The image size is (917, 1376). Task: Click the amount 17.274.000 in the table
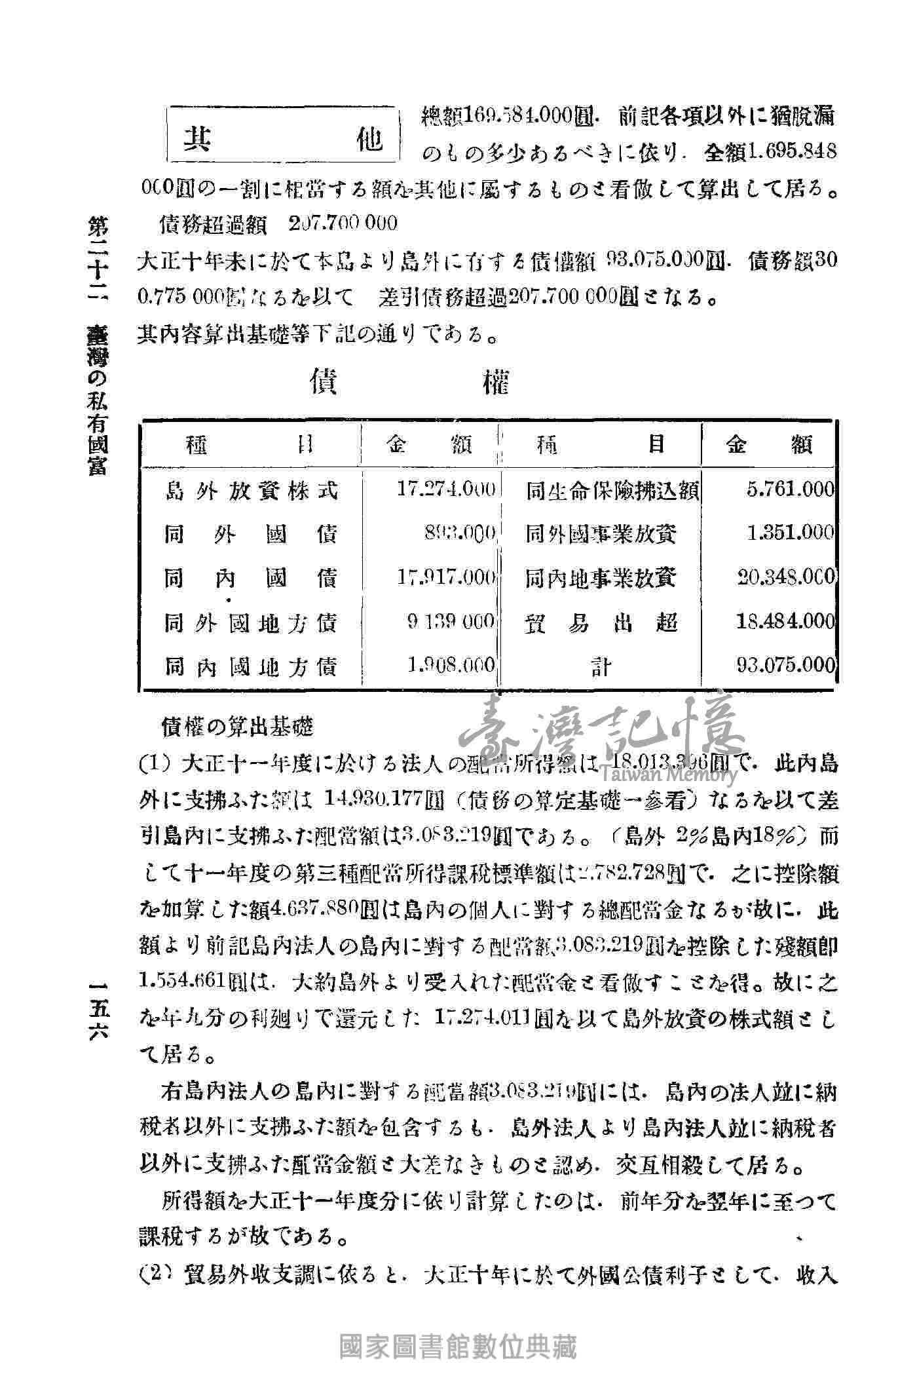pyautogui.click(x=446, y=489)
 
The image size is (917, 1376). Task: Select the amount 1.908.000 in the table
pyautogui.click(x=451, y=666)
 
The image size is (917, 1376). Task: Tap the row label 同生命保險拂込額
pyautogui.click(x=613, y=491)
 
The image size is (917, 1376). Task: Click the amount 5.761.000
pyautogui.click(x=790, y=489)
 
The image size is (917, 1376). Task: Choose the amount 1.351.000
pyautogui.click(x=790, y=533)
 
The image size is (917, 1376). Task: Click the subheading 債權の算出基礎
pyautogui.click(x=237, y=726)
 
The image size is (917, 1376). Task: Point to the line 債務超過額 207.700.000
pyautogui.click(x=278, y=223)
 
